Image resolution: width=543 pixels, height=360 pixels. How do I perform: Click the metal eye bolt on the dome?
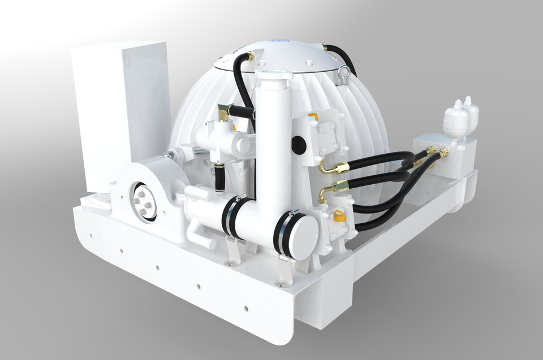pyautogui.click(x=344, y=72)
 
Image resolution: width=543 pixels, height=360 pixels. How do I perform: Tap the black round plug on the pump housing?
pyautogui.click(x=299, y=145)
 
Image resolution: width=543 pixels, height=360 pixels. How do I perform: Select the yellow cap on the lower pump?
pyautogui.click(x=339, y=215)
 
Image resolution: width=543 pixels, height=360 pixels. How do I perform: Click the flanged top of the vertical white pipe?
pyautogui.click(x=273, y=75)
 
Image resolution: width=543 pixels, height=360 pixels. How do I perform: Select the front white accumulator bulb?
pyautogui.click(x=456, y=119)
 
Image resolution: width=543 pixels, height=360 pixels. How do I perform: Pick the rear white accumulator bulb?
pyautogui.click(x=470, y=110)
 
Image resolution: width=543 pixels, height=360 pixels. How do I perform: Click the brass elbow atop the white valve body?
pyautogui.click(x=225, y=111)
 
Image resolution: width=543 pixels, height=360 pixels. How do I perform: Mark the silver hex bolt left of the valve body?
pyautogui.click(x=169, y=154)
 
